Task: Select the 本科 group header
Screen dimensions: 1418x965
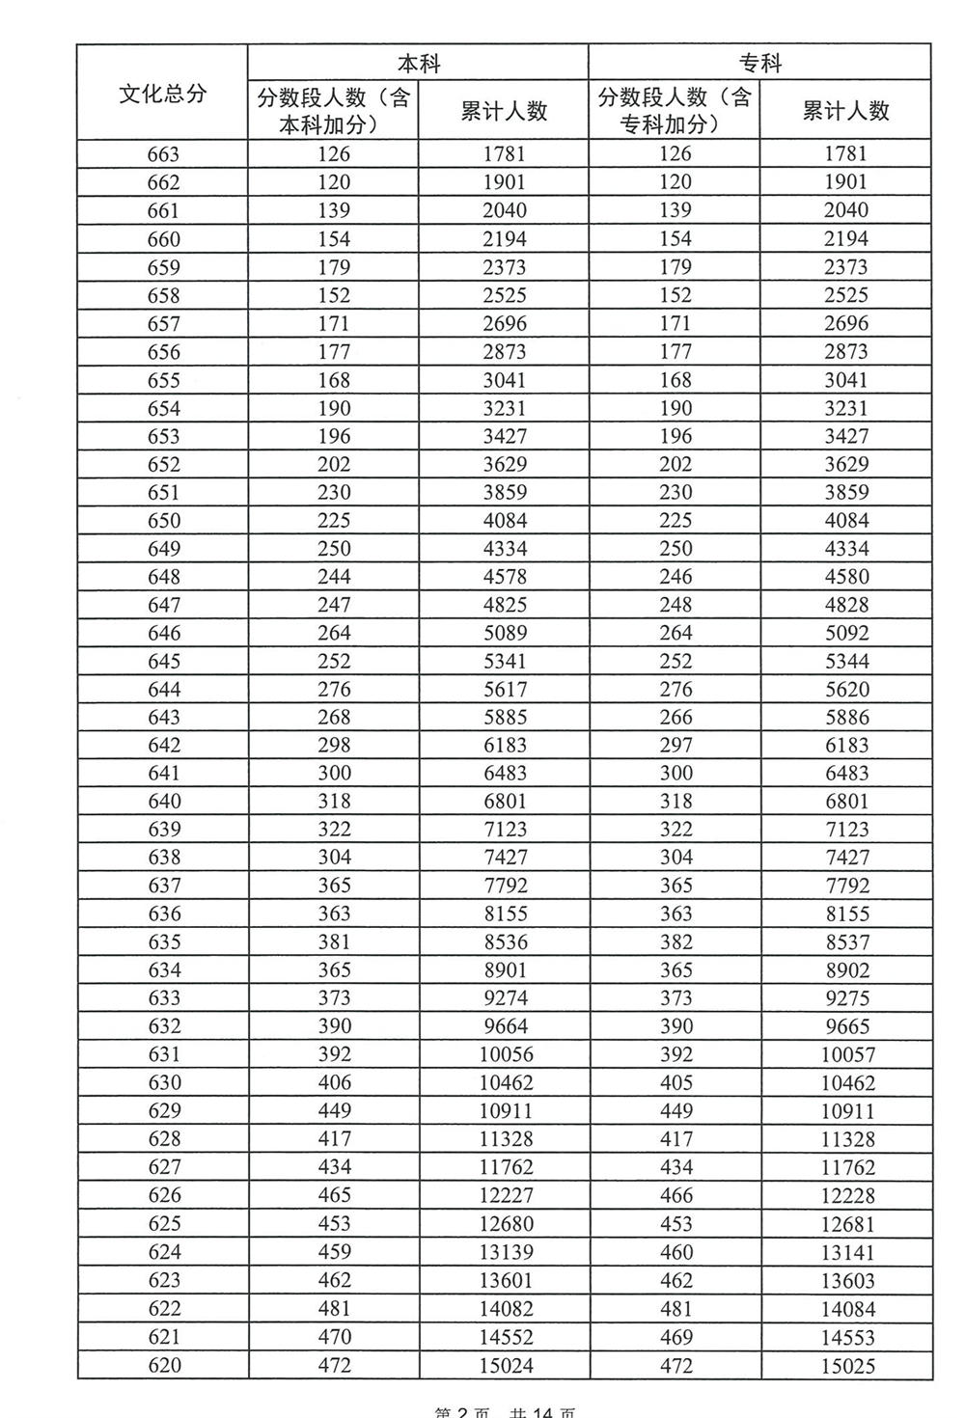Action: pos(419,64)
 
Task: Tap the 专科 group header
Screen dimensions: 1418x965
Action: pos(760,64)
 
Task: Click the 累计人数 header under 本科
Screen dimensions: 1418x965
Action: pos(504,111)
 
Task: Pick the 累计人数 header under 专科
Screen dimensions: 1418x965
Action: pos(846,111)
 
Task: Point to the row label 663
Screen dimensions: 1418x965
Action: pos(163,153)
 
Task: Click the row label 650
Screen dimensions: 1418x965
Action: pos(163,520)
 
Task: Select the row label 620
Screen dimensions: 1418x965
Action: pos(163,1365)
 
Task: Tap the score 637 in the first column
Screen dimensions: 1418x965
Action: pos(163,886)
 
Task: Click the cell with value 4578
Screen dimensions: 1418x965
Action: pos(505,577)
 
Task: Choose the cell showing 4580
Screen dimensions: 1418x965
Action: pos(846,577)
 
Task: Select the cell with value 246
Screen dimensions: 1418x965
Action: pos(675,577)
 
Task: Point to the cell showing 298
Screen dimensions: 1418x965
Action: pos(334,745)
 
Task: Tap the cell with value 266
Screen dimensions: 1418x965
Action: pos(675,717)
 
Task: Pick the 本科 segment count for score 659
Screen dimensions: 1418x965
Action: pos(334,267)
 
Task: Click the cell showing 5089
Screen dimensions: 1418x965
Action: pos(505,633)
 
